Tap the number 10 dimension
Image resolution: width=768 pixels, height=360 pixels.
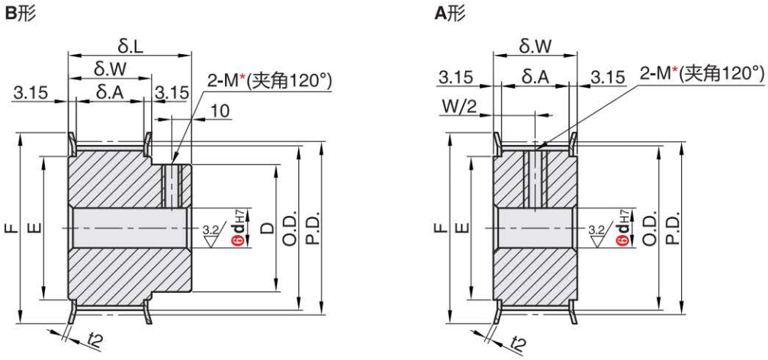coord(219,111)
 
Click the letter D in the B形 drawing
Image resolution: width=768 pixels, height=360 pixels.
coord(267,227)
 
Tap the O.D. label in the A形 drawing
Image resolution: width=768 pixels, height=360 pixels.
coord(651,227)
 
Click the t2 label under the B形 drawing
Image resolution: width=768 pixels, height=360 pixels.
coord(92,342)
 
